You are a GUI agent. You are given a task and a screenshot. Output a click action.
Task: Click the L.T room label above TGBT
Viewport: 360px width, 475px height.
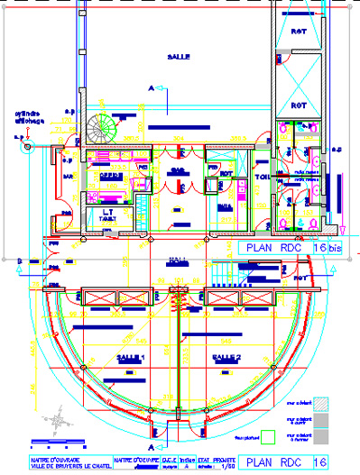[105, 212]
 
